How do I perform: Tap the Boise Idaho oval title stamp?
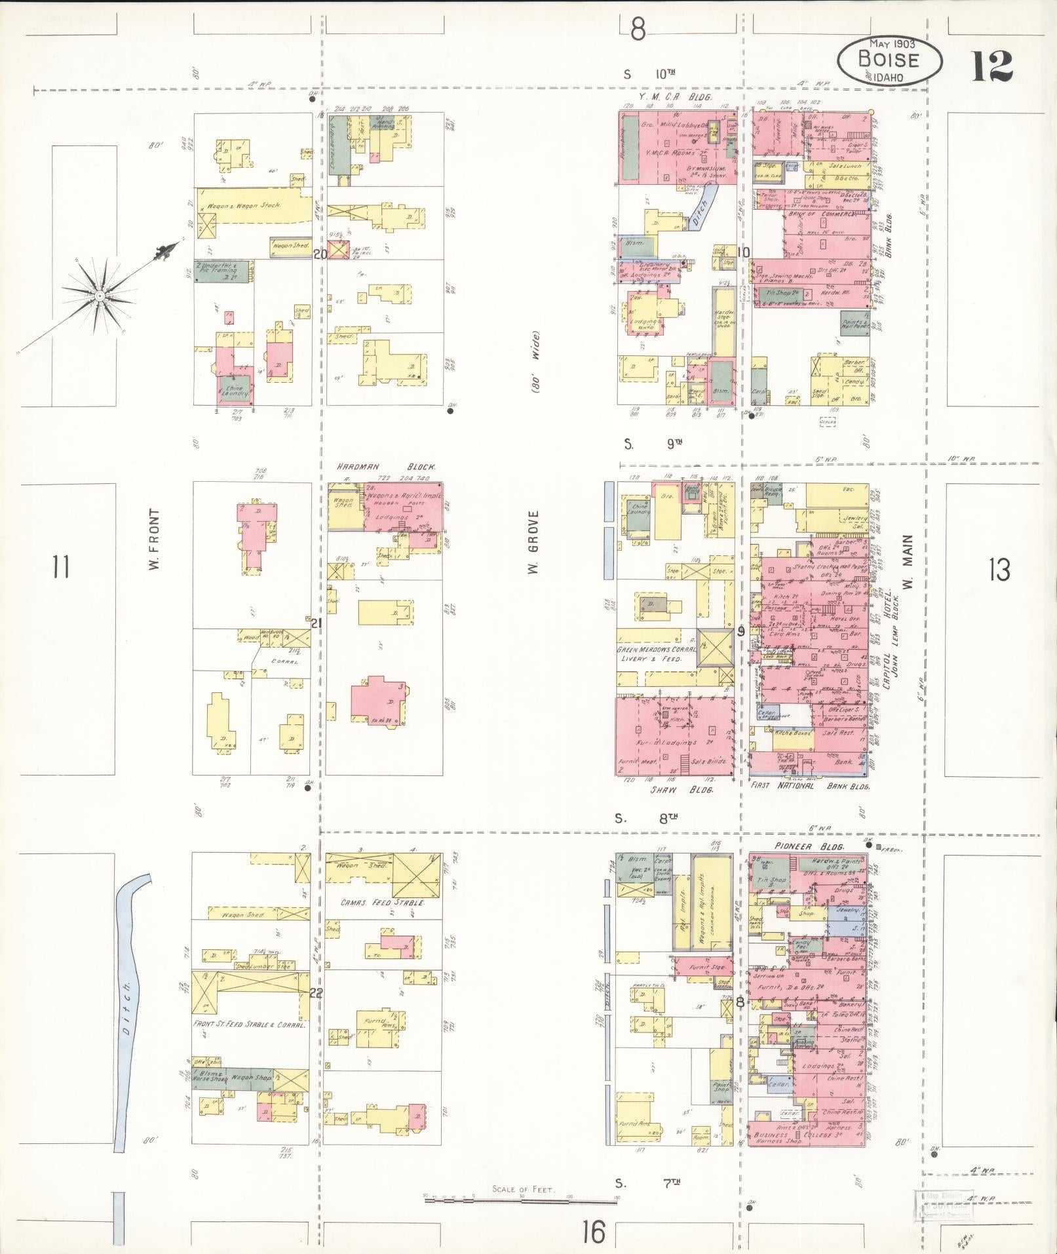889,60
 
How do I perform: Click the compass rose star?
98,296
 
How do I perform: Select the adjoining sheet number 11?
60,567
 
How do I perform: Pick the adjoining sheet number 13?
1000,570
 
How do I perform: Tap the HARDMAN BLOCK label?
387,467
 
